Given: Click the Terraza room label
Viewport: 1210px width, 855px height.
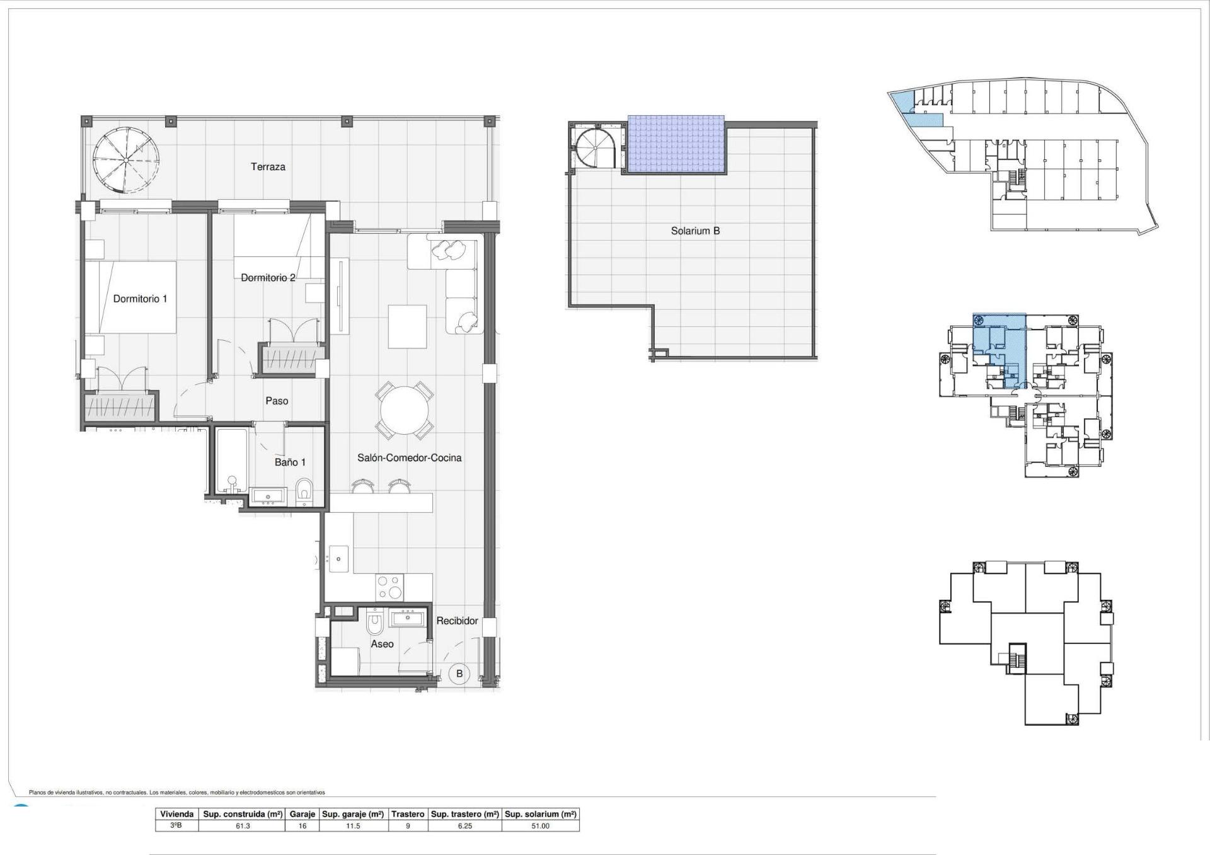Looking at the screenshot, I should tap(268, 167).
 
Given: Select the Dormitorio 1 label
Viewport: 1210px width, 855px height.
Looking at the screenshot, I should tap(140, 299).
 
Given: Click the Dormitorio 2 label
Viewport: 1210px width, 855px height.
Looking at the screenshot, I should tap(268, 278).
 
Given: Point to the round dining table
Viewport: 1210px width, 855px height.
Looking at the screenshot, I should tap(404, 410).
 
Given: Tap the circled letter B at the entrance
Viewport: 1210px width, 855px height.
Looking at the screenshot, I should tap(459, 674).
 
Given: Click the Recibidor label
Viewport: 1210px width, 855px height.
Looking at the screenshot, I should tap(457, 621).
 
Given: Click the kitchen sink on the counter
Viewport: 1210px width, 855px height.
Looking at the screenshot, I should tap(339, 558).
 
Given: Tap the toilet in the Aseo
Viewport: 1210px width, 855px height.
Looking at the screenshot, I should tap(374, 624).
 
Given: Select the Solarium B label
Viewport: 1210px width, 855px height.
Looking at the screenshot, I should tap(695, 231).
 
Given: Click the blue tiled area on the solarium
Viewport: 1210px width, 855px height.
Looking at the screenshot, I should tap(676, 145).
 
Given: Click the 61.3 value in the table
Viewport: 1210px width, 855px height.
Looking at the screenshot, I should tap(243, 826).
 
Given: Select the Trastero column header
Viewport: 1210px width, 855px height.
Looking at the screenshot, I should tap(408, 814).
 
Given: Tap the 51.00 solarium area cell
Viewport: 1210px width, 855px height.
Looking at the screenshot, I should tap(540, 826).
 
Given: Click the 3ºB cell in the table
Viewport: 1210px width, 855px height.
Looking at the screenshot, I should tap(176, 826).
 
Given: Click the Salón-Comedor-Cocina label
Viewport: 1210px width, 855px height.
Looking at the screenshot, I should tap(409, 458).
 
